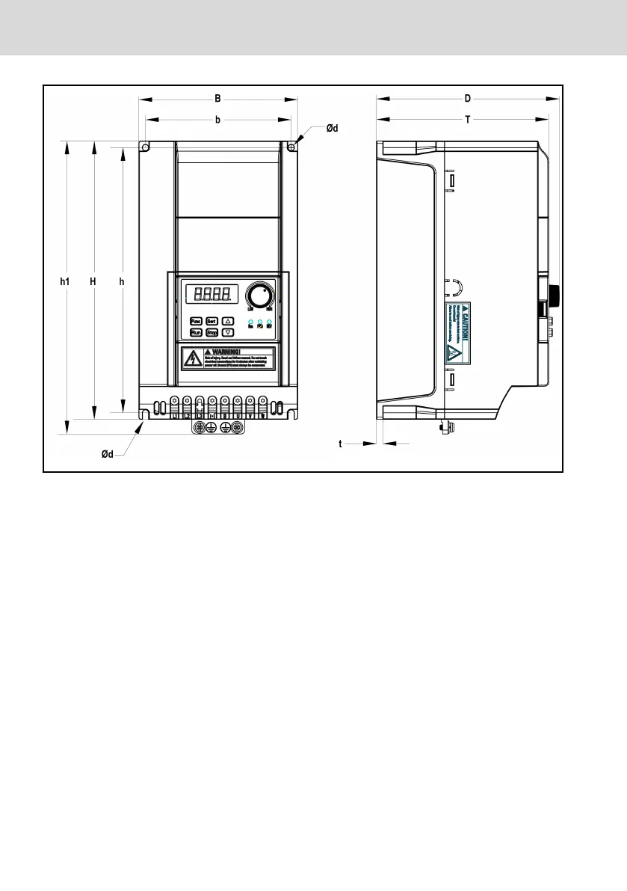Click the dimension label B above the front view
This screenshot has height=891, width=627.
(217, 98)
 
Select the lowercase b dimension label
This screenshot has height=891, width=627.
(217, 119)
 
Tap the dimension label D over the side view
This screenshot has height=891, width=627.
(468, 98)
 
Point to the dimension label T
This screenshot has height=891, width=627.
(468, 119)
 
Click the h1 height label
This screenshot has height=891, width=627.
(66, 282)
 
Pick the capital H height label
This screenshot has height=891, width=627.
(93, 282)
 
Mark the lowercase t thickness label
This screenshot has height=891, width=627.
(340, 444)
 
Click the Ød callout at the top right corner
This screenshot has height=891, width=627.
(332, 129)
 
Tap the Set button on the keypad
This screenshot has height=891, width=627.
(211, 320)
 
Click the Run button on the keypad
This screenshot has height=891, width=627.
(196, 331)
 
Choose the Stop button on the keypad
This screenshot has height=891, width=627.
(211, 331)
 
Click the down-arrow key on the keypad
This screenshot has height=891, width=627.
(229, 331)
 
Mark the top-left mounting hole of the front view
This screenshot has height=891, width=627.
(146, 147)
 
